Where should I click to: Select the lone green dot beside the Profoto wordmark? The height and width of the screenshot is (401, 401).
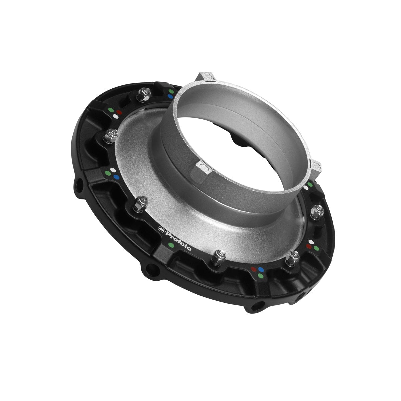171,245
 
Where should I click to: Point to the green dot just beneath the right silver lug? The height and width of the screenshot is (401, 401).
310,184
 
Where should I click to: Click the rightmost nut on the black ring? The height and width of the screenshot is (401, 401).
316,211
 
